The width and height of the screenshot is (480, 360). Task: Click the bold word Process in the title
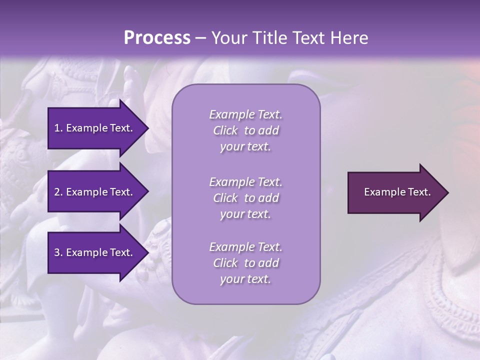(157, 38)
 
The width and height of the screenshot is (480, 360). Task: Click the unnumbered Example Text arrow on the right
(397, 192)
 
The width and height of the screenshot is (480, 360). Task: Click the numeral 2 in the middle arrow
(56, 192)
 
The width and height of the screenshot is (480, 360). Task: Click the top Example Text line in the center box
(245, 114)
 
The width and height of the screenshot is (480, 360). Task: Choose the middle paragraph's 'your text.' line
(245, 214)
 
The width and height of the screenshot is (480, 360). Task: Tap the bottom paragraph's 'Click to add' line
(245, 263)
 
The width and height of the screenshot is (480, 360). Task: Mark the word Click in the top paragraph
(225, 130)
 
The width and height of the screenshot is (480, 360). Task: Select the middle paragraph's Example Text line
(245, 182)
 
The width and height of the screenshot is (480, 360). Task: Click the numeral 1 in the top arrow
(56, 128)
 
